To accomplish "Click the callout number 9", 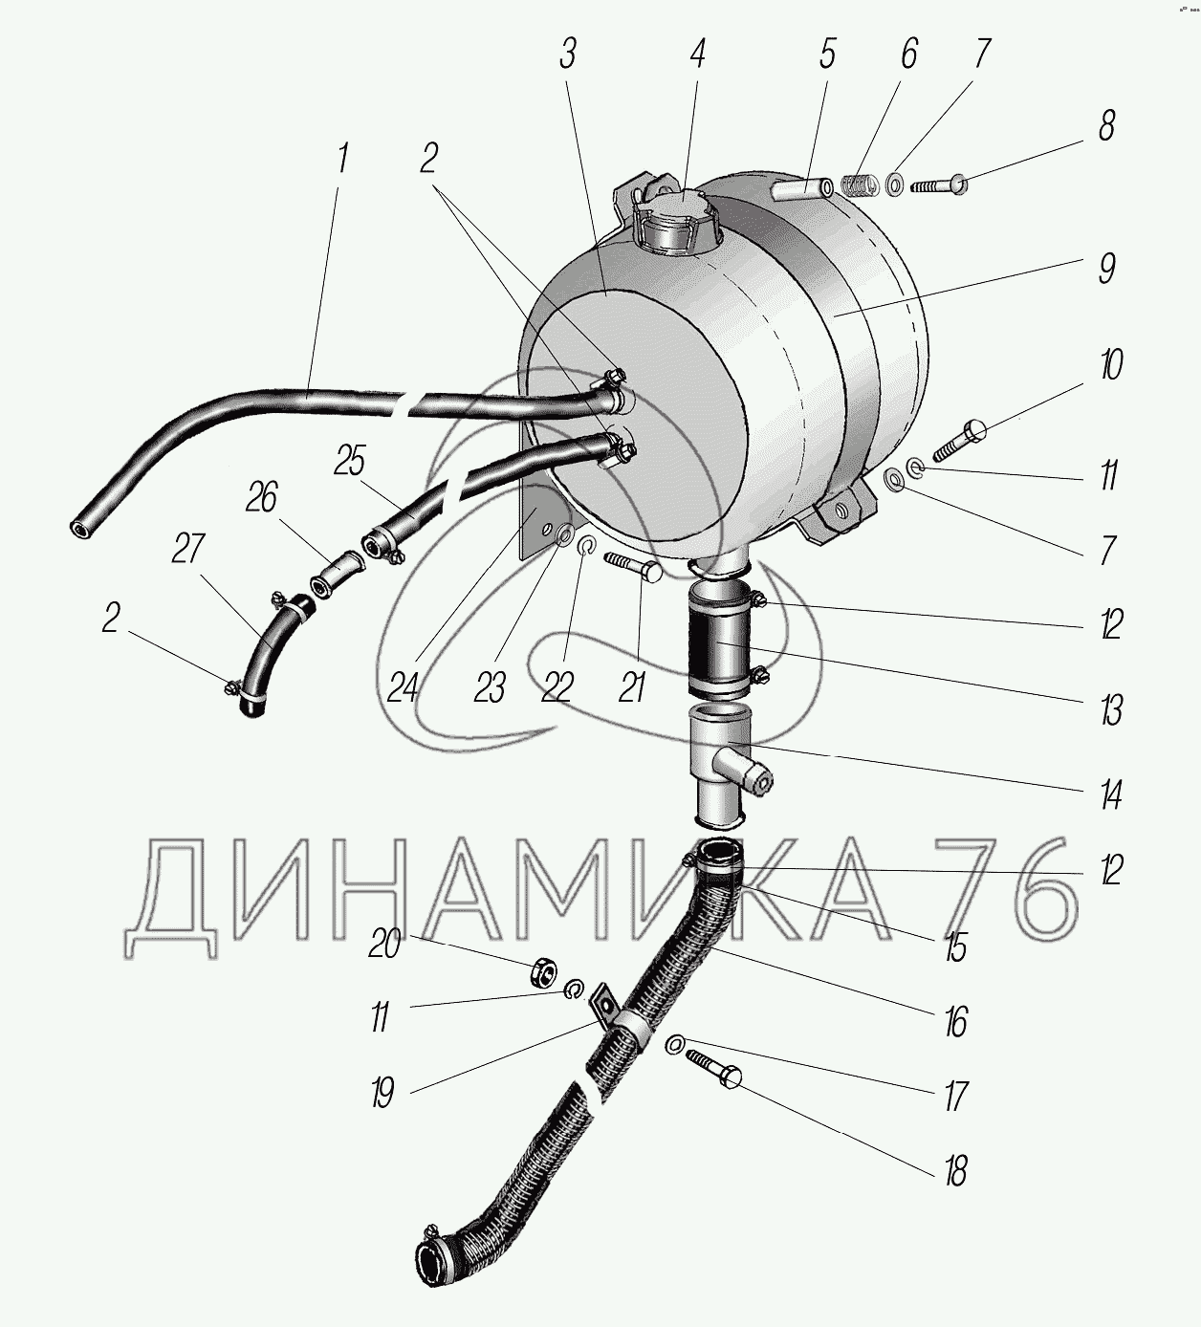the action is pyautogui.click(x=1106, y=268).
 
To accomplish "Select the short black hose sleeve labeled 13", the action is pyautogui.click(x=719, y=642).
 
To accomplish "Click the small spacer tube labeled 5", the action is pyautogui.click(x=804, y=191).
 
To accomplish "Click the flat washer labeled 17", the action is pyautogui.click(x=674, y=1045).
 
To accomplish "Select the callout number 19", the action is pyautogui.click(x=383, y=1091).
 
